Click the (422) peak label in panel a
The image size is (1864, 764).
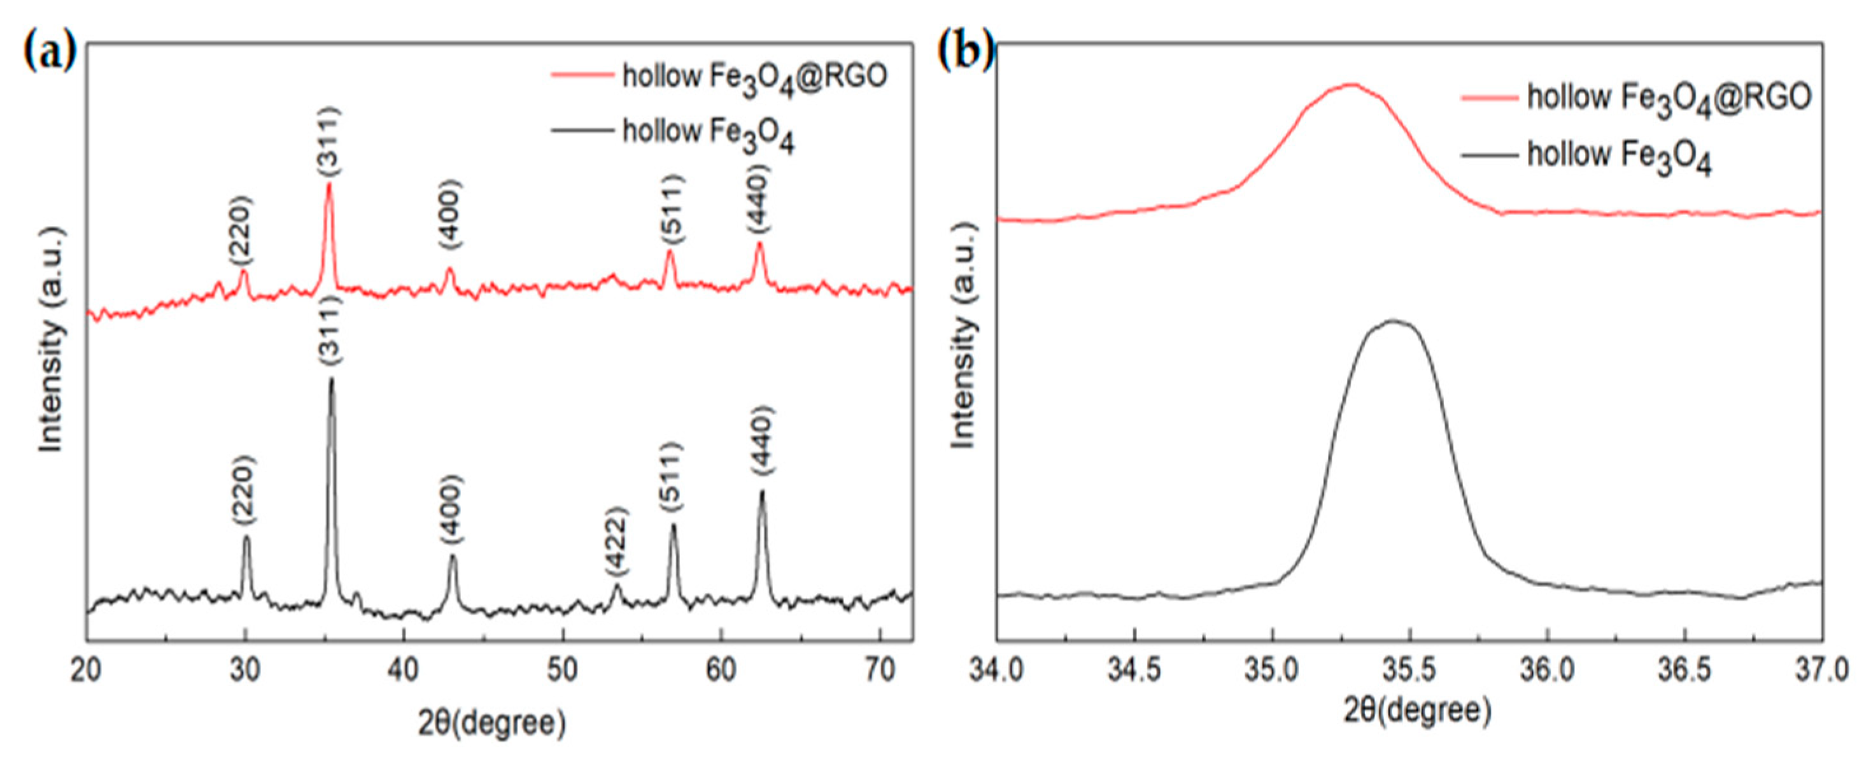(616, 551)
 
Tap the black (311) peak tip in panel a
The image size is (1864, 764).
(332, 379)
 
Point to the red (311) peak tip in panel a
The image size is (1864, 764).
(329, 184)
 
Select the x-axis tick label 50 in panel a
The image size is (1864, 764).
(562, 672)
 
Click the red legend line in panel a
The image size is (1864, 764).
(581, 74)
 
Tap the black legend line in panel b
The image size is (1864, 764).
(1488, 155)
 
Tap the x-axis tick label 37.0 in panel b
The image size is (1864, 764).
(1822, 672)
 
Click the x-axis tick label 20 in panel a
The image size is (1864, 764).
(87, 672)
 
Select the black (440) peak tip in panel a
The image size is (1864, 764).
(761, 492)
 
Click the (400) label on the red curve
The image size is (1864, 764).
(449, 215)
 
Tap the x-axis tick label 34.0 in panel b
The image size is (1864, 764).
(996, 672)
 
